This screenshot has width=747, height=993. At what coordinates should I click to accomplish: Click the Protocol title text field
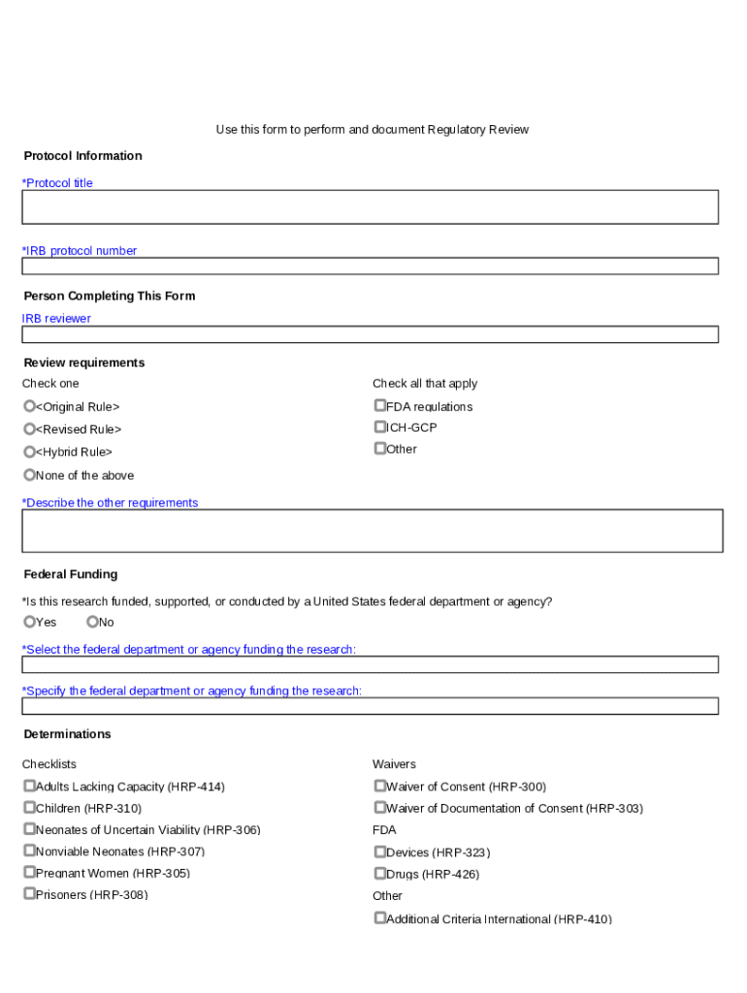pyautogui.click(x=370, y=207)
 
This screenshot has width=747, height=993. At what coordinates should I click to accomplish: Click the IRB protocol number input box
pyautogui.click(x=370, y=266)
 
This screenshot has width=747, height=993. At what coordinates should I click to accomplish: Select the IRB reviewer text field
pyautogui.click(x=370, y=334)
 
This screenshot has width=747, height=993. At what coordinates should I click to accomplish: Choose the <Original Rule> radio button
pyautogui.click(x=29, y=406)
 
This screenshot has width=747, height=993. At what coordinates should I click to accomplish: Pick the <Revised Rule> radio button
pyautogui.click(x=29, y=429)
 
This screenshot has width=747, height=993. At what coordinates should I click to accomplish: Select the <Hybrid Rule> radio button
pyautogui.click(x=29, y=452)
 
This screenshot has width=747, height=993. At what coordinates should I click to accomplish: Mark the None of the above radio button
pyautogui.click(x=29, y=475)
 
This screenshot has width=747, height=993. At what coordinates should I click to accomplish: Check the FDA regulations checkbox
pyautogui.click(x=379, y=406)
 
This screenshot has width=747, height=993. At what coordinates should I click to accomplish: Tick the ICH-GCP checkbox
pyautogui.click(x=379, y=427)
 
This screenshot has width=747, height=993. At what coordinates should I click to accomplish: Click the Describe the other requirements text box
pyautogui.click(x=372, y=530)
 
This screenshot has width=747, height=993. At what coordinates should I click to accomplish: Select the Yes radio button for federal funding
pyautogui.click(x=29, y=622)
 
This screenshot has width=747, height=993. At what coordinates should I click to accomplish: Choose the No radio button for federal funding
pyautogui.click(x=92, y=622)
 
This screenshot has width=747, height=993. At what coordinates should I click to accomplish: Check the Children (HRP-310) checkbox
pyautogui.click(x=29, y=808)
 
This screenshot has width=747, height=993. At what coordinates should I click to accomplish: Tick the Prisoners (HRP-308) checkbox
pyautogui.click(x=29, y=894)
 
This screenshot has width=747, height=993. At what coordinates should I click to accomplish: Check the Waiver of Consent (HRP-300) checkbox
pyautogui.click(x=379, y=786)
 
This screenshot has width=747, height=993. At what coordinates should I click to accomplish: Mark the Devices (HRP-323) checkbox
pyautogui.click(x=379, y=852)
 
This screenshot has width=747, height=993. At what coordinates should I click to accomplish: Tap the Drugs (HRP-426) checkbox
pyautogui.click(x=379, y=874)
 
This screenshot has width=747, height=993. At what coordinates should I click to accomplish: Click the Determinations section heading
pyautogui.click(x=68, y=734)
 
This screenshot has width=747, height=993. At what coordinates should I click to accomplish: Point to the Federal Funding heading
pyautogui.click(x=71, y=574)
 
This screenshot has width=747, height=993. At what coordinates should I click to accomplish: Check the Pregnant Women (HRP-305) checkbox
pyautogui.click(x=29, y=873)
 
